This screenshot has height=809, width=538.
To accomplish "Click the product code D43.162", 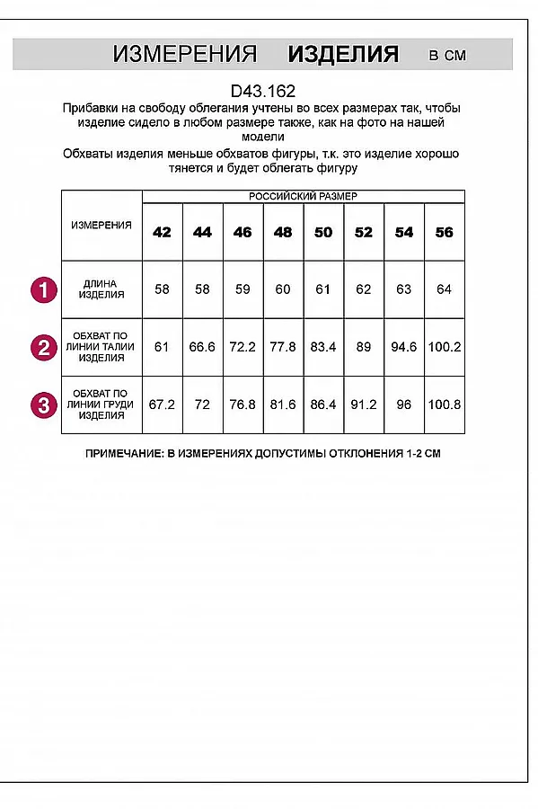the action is point(262,91).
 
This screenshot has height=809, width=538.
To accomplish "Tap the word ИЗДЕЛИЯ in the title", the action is point(342,54).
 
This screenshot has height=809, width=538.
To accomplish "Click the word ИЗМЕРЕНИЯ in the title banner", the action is point(185,54).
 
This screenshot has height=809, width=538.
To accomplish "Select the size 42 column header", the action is point(162,232).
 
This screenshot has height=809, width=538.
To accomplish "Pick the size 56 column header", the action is point(444,232).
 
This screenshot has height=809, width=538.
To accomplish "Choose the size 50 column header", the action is point(323,232).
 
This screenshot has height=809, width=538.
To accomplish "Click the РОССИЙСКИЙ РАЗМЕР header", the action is point(303,196).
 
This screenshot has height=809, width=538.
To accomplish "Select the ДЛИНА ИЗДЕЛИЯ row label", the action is point(101,289).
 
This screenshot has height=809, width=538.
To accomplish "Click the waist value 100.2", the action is point(444,347).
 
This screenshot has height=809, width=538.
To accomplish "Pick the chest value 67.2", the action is point(162,404).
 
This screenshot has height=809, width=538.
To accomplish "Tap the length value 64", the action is point(444,289).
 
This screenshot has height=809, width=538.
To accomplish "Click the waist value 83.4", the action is point(323,347).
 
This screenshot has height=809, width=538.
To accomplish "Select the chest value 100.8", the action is point(444,404).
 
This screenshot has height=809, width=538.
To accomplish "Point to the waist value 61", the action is point(162,347).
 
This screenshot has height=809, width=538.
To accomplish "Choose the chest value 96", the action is point(404,404).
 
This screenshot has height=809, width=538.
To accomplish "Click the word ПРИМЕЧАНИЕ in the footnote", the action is point(124,454).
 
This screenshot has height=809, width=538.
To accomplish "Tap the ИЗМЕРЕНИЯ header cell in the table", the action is point(101,225).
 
